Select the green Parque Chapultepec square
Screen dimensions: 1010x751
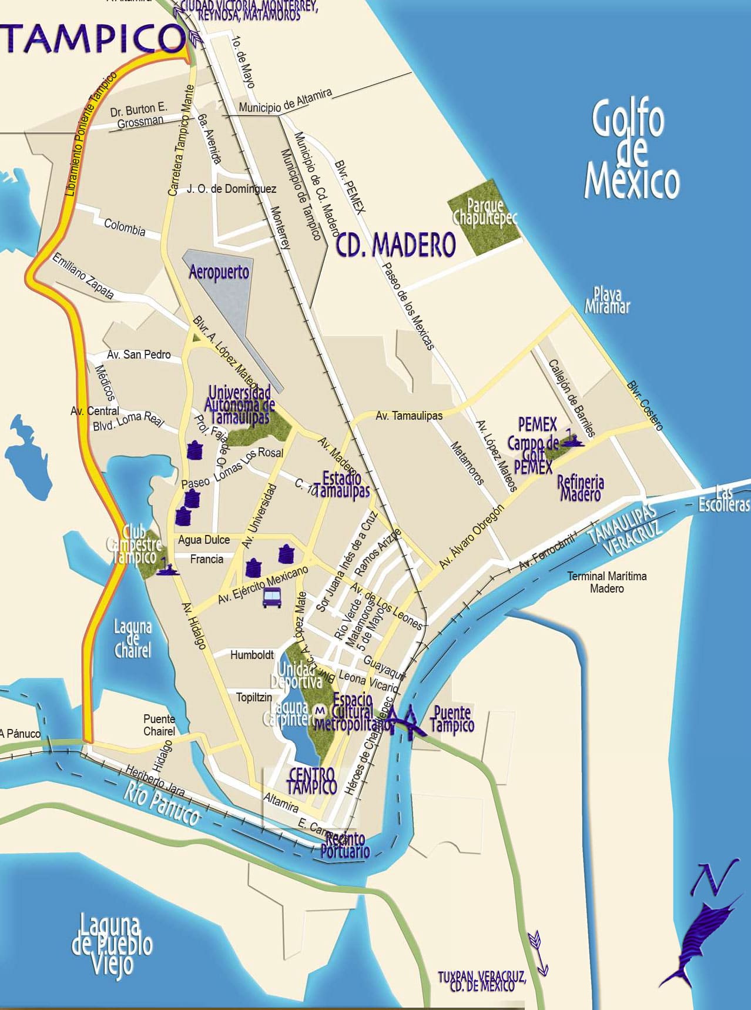coord(484,217)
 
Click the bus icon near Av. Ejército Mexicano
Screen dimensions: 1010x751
coord(271,598)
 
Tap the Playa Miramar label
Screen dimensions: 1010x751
coord(607,300)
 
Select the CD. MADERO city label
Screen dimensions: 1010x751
coord(396,244)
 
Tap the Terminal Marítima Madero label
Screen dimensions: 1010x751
coord(606,582)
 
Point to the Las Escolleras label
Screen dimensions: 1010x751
coord(723,499)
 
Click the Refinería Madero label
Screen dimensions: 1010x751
coord(581,488)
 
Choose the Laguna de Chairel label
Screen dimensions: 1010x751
coord(133,638)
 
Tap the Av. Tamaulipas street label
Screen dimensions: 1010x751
coord(409,416)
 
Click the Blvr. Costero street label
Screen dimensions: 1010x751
coord(645,406)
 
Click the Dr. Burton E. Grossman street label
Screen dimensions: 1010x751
coord(139,115)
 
